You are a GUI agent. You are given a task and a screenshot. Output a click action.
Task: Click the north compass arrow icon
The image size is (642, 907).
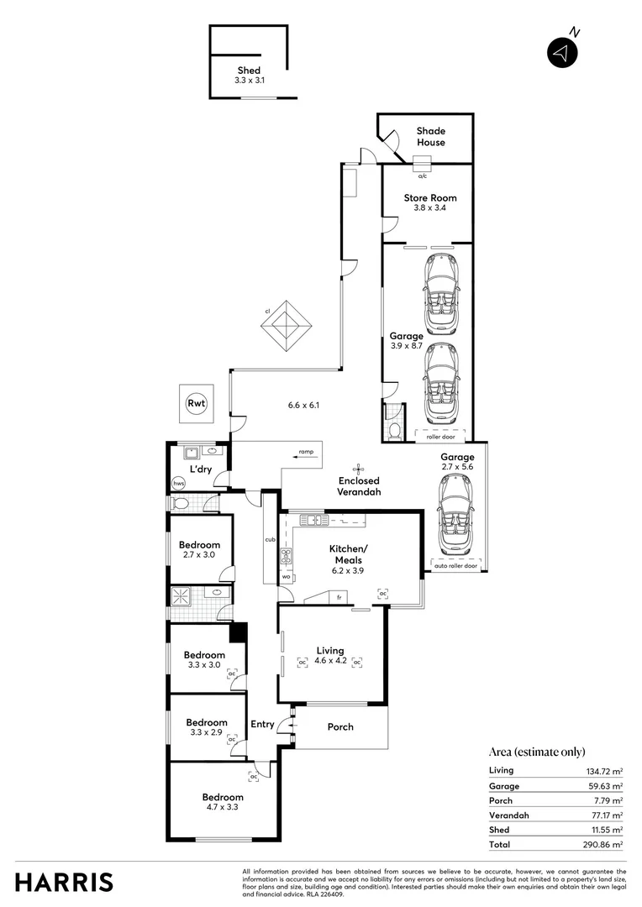click(563, 53)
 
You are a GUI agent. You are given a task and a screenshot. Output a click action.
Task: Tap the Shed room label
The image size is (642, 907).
click(249, 76)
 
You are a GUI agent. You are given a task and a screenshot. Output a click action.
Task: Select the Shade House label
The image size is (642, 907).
click(431, 137)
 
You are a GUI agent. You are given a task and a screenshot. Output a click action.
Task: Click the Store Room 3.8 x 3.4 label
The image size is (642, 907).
click(430, 203)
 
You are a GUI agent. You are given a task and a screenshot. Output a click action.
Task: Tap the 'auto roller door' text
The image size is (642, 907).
click(455, 566)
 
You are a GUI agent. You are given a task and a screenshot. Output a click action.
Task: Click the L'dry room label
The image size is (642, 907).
click(199, 469)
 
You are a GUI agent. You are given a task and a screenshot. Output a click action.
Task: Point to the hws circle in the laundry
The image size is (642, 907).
click(178, 484)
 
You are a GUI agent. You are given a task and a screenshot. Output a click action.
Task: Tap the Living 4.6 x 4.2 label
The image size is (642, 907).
click(330, 656)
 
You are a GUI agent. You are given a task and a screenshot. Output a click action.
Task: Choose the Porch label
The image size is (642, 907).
click(340, 727)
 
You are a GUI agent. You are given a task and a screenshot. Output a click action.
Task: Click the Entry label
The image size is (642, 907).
click(262, 725)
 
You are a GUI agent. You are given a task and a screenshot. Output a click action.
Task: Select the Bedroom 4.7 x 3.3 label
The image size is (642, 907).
click(223, 803)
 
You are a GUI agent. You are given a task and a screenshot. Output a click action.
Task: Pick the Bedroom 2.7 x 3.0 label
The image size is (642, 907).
click(200, 550)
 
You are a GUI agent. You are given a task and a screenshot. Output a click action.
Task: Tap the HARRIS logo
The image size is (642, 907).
click(64, 882)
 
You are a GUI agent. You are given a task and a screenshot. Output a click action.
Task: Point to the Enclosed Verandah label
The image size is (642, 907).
click(360, 486)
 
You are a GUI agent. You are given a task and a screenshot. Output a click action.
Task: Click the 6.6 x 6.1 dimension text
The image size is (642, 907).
click(304, 405)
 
